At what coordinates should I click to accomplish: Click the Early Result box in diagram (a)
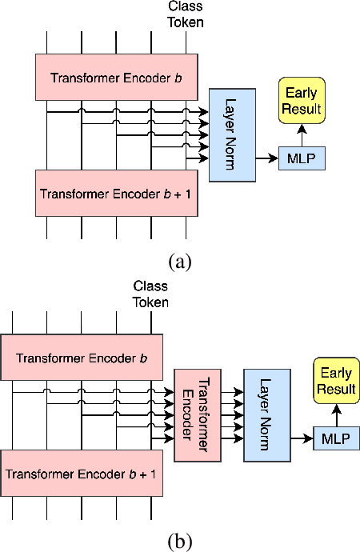(x=301, y=101)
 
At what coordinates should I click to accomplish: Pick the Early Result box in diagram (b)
(x=336, y=381)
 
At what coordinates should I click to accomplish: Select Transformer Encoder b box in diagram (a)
(x=116, y=78)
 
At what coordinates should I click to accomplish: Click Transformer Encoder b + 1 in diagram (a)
(x=116, y=193)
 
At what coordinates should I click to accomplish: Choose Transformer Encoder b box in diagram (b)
(x=81, y=357)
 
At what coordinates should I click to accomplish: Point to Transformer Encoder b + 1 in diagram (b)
(x=81, y=473)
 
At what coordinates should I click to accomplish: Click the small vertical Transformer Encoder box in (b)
(x=196, y=415)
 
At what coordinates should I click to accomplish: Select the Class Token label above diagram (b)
(x=150, y=294)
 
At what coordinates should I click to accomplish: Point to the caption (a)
(x=180, y=261)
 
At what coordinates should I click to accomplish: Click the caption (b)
(x=180, y=541)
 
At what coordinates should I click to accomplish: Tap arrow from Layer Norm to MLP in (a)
(x=266, y=159)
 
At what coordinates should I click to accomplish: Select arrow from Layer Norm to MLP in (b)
(x=302, y=438)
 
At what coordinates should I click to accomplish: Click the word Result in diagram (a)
(x=301, y=109)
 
